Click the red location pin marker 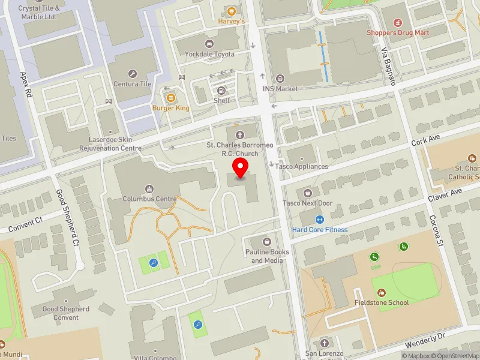241,168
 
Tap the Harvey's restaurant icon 231,11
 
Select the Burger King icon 170,98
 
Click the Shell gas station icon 221,91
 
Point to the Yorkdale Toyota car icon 209,44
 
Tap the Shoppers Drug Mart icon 395,22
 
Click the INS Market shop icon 280,79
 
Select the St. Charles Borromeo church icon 241,134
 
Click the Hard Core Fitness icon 320,220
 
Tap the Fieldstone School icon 381,292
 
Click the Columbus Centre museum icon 150,188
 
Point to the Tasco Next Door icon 308,193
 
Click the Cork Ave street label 425,140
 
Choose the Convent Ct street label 26,224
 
